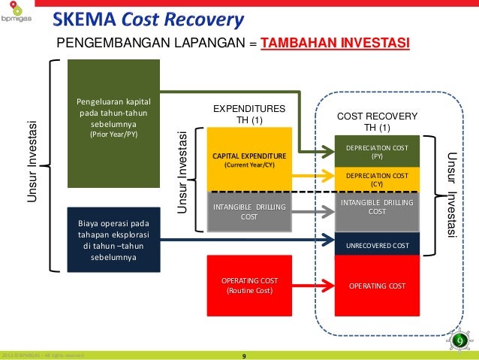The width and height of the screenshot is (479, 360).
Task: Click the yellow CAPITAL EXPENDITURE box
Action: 249,159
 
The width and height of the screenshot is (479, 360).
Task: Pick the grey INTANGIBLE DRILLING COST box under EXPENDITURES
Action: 249,210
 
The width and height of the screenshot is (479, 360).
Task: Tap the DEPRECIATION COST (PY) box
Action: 376,153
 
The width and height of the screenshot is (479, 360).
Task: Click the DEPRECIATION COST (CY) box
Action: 376,178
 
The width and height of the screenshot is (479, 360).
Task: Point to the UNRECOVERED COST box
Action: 376,245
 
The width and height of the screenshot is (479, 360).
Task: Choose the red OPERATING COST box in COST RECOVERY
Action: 376,286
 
